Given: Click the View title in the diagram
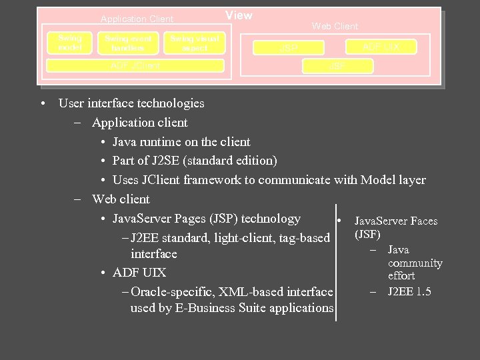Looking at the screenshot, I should (239, 15).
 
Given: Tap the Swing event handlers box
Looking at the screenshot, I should (128, 43).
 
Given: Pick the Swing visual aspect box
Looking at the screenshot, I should (194, 43).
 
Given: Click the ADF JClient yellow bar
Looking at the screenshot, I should (135, 65).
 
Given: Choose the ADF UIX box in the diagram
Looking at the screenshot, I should (381, 47).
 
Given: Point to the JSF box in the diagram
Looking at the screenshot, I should (337, 66).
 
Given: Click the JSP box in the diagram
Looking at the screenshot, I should (289, 49).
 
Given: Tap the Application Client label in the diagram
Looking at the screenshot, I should (137, 19).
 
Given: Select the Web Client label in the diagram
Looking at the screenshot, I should (335, 26).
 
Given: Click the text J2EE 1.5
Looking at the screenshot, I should (409, 291).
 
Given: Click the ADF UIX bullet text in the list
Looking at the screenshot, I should (139, 273).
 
